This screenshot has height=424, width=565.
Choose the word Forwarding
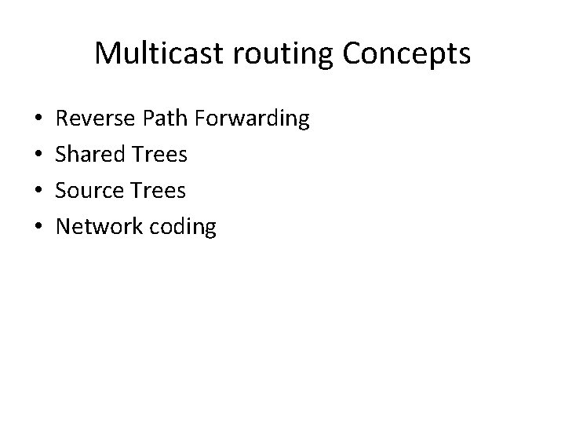(254, 119)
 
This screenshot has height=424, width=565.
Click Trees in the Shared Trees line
(162, 155)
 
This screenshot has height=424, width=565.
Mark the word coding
(187, 227)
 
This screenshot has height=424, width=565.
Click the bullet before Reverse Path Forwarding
(39, 120)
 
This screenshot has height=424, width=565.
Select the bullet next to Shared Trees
(39, 155)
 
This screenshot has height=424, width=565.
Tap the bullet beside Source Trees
(39, 192)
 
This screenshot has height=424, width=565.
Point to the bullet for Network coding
(39, 228)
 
